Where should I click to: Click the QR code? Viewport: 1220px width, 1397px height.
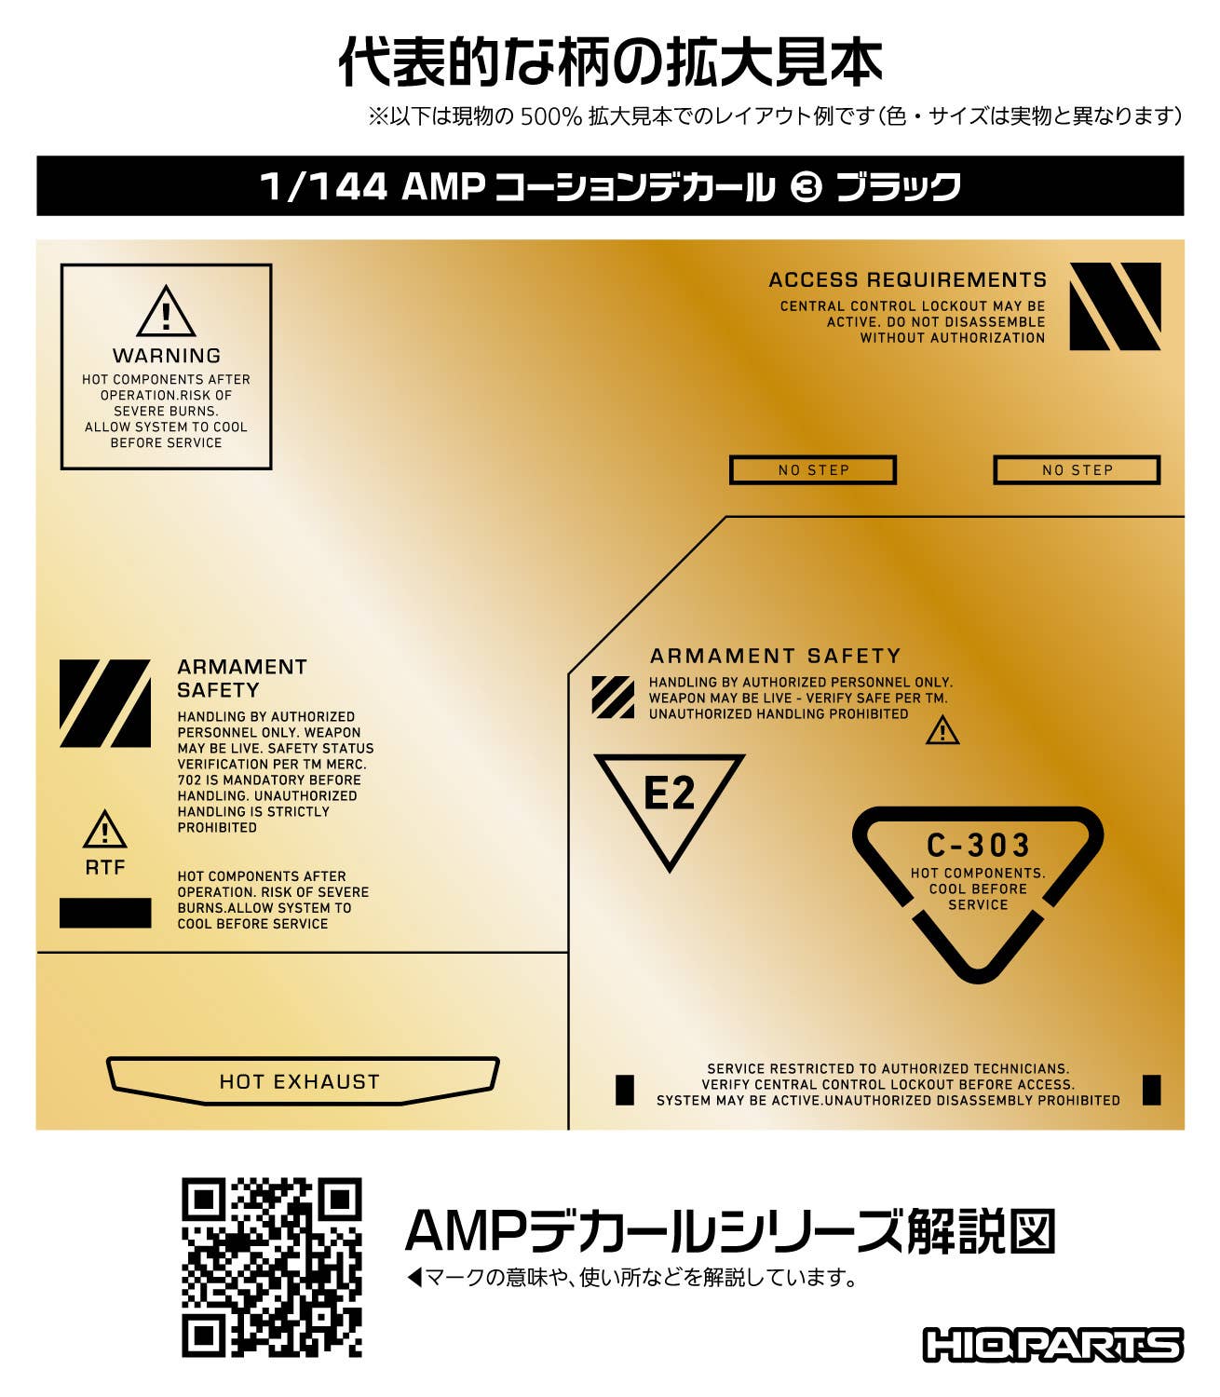click(271, 1267)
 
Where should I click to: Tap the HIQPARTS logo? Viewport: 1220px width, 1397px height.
click(1052, 1345)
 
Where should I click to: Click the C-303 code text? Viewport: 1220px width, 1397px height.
click(978, 845)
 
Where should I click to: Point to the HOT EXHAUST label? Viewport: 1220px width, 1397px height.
click(300, 1081)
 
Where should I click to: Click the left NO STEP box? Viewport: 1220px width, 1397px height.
click(812, 470)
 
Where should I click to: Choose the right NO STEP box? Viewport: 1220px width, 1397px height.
click(1077, 470)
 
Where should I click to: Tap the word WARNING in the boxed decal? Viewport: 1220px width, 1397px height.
click(167, 356)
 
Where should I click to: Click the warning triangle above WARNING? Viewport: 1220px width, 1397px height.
click(166, 313)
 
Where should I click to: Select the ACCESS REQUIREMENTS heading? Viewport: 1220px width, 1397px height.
click(907, 279)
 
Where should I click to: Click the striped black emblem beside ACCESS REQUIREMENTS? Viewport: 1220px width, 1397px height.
click(1115, 306)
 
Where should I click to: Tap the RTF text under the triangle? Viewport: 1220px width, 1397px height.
click(105, 867)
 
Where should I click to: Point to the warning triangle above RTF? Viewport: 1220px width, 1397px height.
click(105, 830)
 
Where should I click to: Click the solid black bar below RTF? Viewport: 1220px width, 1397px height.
click(105, 913)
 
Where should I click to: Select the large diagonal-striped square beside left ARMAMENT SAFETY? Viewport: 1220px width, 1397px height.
click(105, 703)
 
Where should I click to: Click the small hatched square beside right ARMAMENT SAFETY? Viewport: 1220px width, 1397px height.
click(613, 697)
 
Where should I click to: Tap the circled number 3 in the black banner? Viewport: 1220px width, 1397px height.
click(806, 187)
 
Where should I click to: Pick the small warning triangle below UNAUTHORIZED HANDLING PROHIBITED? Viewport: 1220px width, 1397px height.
click(942, 731)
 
